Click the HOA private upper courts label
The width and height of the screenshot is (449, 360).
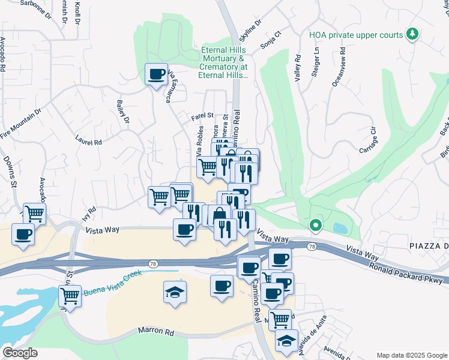pos(356,35)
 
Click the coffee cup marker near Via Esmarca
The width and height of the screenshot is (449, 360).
pos(157,75)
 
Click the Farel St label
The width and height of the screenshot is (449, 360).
pos(202,115)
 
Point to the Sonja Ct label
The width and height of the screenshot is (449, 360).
pos(271,40)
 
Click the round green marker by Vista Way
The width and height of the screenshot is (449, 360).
pos(315,226)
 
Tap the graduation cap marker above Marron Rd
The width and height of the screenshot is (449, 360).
pos(175,292)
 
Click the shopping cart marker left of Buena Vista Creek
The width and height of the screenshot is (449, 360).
pos(70,296)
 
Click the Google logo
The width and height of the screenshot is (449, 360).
pos(20,353)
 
